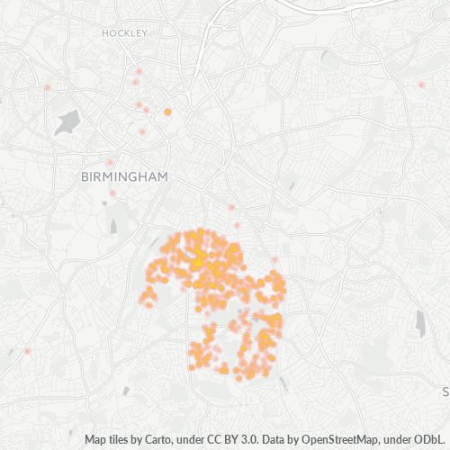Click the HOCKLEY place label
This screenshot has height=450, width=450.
click(124, 32)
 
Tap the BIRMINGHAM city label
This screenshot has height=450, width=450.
click(124, 177)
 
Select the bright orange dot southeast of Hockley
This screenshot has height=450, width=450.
click(167, 112)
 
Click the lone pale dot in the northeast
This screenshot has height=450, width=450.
click(421, 85)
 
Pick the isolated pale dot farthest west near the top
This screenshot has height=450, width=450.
click(47, 87)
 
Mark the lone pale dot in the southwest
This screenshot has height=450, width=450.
click(27, 351)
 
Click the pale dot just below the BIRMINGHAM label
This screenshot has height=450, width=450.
click(112, 193)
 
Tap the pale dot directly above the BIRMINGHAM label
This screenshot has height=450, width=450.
click(110, 163)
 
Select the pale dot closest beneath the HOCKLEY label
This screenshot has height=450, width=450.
click(139, 71)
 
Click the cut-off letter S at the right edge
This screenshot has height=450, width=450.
click(445, 392)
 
